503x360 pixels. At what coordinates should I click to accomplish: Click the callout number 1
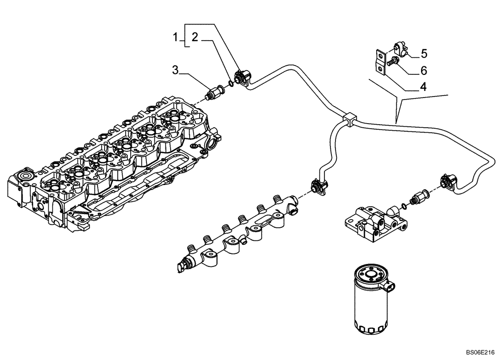pos(176,36)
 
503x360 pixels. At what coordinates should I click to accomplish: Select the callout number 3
pos(176,70)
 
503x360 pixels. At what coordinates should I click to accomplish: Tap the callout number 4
pos(423,86)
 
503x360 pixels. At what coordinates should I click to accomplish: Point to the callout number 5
pos(424,53)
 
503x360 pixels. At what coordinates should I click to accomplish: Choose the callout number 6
pos(424,70)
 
